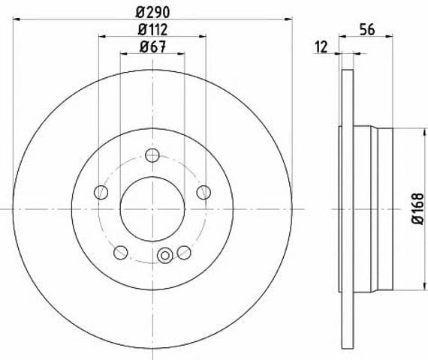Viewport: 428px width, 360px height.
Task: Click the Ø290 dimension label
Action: pyautogui.click(x=152, y=12)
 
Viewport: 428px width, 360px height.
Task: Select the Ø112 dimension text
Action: pyautogui.click(x=152, y=29)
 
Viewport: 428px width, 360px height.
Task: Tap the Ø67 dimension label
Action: pyautogui.click(x=152, y=47)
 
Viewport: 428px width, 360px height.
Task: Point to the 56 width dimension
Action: pyautogui.click(x=367, y=29)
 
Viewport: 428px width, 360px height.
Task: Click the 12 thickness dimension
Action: pyautogui.click(x=321, y=47)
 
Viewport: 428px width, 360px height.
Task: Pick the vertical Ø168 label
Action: pyautogui.click(x=417, y=209)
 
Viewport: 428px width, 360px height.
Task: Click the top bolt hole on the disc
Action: pyautogui.click(x=152, y=155)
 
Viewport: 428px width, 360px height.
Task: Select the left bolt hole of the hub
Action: pyautogui.click(x=101, y=192)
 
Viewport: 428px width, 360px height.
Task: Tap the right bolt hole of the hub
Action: pyautogui.click(x=203, y=192)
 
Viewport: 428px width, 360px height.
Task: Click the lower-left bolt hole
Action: pyautogui.click(x=121, y=253)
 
